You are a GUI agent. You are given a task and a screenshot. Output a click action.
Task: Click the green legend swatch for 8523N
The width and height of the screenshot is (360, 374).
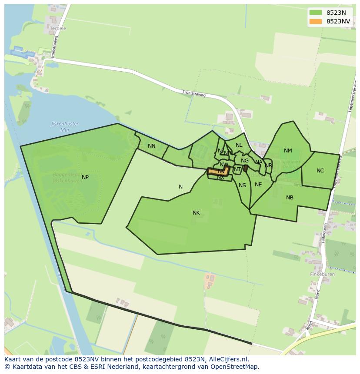tap(316, 13)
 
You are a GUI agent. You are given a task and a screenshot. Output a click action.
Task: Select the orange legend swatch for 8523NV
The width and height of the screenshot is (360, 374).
tap(316, 21)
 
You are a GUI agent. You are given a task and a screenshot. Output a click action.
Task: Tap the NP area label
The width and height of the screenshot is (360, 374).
tap(85, 177)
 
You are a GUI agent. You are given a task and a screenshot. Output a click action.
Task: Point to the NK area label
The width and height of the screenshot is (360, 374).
tap(196, 213)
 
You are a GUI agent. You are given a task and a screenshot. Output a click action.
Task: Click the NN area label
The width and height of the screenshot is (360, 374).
tap(151, 146)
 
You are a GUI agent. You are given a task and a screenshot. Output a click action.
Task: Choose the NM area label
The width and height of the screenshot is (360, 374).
tap(288, 151)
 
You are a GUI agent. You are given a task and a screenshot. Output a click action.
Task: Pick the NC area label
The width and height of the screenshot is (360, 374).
tap(320, 171)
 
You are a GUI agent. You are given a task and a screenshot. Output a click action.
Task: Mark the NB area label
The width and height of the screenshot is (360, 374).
tap(290, 198)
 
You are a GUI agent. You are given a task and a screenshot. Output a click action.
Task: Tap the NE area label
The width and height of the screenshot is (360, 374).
tap(258, 185)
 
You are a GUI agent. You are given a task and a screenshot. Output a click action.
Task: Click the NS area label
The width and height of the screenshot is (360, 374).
tap(242, 185)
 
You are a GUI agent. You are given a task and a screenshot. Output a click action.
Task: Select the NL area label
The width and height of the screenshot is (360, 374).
tap(239, 145)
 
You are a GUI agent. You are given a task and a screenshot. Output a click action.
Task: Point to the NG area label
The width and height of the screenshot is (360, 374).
tap(245, 161)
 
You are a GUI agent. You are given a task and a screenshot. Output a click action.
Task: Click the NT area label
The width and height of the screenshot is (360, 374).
tap(237, 169)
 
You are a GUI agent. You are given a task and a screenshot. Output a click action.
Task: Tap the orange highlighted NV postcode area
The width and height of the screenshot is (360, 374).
tap(218, 171)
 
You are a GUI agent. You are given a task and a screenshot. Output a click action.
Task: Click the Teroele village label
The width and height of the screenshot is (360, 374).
tap(58, 29)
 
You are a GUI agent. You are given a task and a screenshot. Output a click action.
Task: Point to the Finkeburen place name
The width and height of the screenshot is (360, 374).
tap(322, 275)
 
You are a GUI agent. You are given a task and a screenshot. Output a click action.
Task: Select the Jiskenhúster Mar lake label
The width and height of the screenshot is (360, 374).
tap(65, 126)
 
